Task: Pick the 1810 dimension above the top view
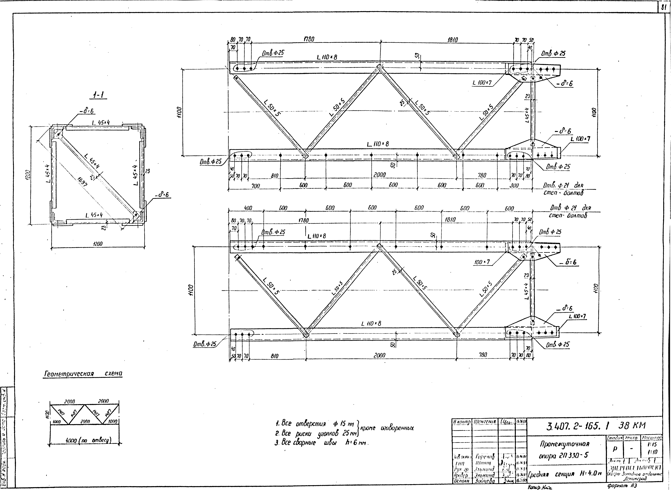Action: (453, 39)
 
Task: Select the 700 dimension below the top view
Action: (256, 186)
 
